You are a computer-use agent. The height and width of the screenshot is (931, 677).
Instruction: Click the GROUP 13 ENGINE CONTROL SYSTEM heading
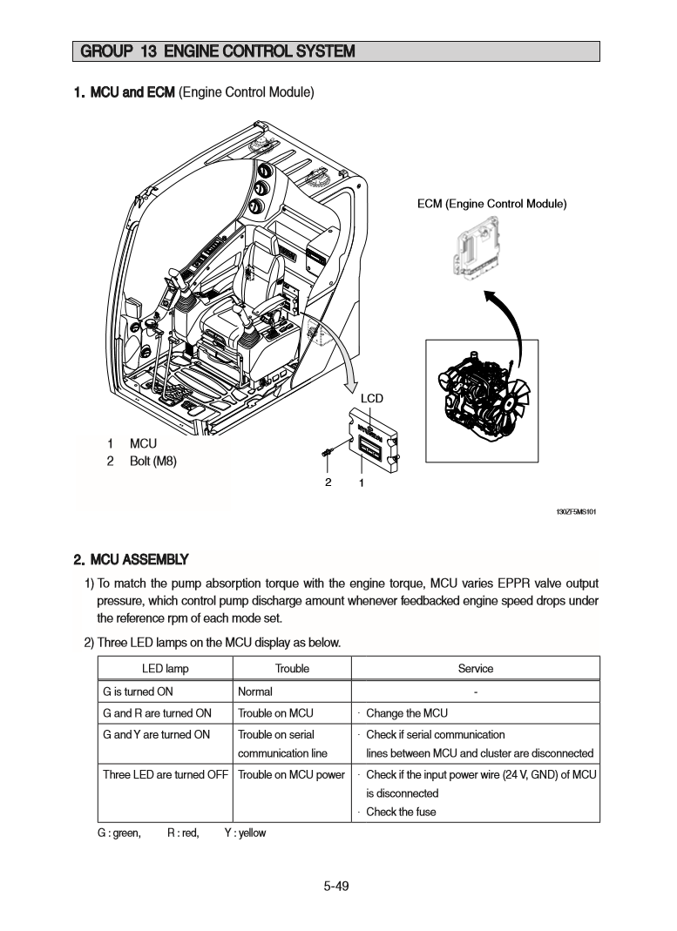[x=218, y=51]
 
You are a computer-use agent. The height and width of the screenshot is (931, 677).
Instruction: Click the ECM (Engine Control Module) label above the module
[x=492, y=204]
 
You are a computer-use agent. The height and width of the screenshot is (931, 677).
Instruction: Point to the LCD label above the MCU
[x=372, y=399]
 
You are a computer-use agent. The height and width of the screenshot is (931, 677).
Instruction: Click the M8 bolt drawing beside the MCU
[x=328, y=451]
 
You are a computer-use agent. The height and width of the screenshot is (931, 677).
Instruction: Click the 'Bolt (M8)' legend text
[x=152, y=461]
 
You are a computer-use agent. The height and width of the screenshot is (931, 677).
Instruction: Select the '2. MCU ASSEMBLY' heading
[x=131, y=558]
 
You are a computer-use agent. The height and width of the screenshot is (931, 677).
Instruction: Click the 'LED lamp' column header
[x=165, y=669]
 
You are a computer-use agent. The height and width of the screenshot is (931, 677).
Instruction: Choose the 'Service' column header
[x=476, y=669]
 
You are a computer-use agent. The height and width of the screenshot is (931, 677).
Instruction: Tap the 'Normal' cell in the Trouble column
[x=255, y=692]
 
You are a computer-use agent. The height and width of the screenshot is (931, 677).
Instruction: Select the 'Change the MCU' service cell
[x=406, y=713]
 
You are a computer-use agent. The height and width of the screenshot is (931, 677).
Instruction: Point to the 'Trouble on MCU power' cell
[x=291, y=774]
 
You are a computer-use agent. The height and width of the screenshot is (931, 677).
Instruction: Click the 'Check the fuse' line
[x=401, y=812]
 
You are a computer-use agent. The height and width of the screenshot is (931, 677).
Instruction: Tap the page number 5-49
[x=336, y=887]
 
